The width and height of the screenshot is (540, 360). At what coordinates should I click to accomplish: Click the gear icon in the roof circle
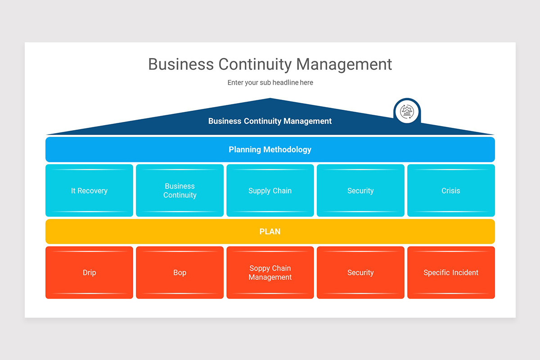[407, 112]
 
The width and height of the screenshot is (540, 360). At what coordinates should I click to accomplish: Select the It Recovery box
[89, 190]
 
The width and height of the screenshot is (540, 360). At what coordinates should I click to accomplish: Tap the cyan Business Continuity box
[180, 190]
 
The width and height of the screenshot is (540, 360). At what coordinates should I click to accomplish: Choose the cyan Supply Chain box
[270, 190]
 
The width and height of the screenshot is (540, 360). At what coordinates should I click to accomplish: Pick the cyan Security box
[360, 190]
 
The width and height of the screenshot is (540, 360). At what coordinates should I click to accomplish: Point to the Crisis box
[451, 190]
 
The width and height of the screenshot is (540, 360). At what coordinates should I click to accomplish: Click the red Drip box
[89, 272]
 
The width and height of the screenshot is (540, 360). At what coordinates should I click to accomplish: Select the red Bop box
[180, 272]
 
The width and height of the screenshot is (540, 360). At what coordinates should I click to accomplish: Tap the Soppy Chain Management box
[270, 272]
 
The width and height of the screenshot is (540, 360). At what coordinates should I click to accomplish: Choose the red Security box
[360, 272]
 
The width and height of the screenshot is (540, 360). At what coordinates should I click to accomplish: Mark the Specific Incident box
[451, 272]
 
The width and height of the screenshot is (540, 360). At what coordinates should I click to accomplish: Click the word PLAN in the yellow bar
[270, 231]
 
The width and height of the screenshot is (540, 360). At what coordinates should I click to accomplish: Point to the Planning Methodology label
[270, 149]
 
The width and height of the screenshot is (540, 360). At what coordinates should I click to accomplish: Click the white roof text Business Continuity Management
[270, 121]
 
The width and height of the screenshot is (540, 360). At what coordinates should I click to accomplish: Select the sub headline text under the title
[270, 82]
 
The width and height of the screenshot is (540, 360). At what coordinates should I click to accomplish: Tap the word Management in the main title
[344, 64]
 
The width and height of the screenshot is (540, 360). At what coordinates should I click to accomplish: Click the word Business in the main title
[181, 64]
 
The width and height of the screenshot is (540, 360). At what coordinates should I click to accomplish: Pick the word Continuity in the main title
[255, 65]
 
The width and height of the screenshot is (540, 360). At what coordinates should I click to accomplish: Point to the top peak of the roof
[270, 98]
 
